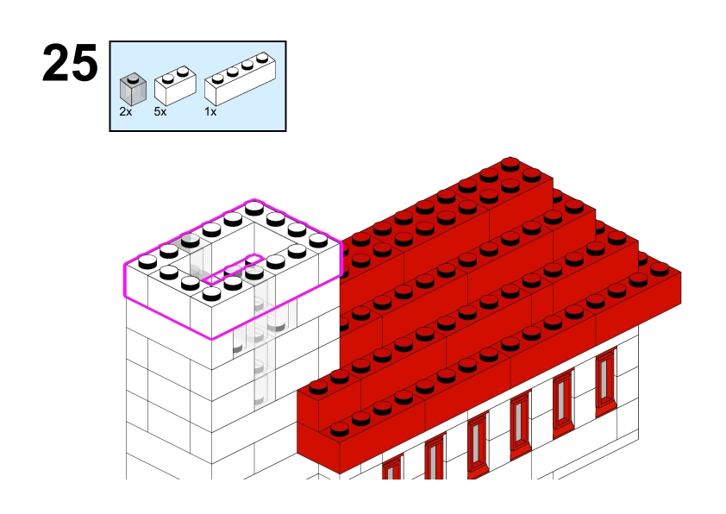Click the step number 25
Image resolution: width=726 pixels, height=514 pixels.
click(x=70, y=63)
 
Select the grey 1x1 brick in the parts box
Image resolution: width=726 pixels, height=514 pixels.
click(x=133, y=89)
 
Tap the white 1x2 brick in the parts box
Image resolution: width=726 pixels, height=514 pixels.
click(x=175, y=85)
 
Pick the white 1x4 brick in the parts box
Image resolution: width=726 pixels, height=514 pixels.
click(x=241, y=78)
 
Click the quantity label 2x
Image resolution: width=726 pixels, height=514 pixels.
click(x=126, y=111)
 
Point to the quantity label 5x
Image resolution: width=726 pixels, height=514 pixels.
click(x=160, y=111)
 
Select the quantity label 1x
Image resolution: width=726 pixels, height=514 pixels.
click(x=210, y=111)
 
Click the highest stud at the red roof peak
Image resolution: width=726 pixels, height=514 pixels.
click(x=510, y=164)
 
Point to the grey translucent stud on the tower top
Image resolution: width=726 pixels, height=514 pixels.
click(x=190, y=240)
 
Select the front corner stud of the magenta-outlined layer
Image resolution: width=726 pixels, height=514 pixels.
click(x=211, y=293)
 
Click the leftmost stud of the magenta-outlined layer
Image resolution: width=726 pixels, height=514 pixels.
click(x=147, y=261)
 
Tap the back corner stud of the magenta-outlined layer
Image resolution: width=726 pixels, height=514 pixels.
click(x=254, y=209)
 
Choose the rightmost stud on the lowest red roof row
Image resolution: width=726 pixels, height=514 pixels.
click(x=660, y=269)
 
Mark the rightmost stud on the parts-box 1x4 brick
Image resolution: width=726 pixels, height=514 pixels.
click(x=262, y=58)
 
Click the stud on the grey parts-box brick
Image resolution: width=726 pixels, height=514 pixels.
click(x=133, y=79)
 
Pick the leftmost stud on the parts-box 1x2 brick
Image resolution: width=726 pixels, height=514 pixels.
click(x=168, y=78)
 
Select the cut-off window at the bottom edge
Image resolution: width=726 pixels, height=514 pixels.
click(x=392, y=467)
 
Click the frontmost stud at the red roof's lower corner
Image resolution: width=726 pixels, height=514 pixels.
click(x=339, y=429)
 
